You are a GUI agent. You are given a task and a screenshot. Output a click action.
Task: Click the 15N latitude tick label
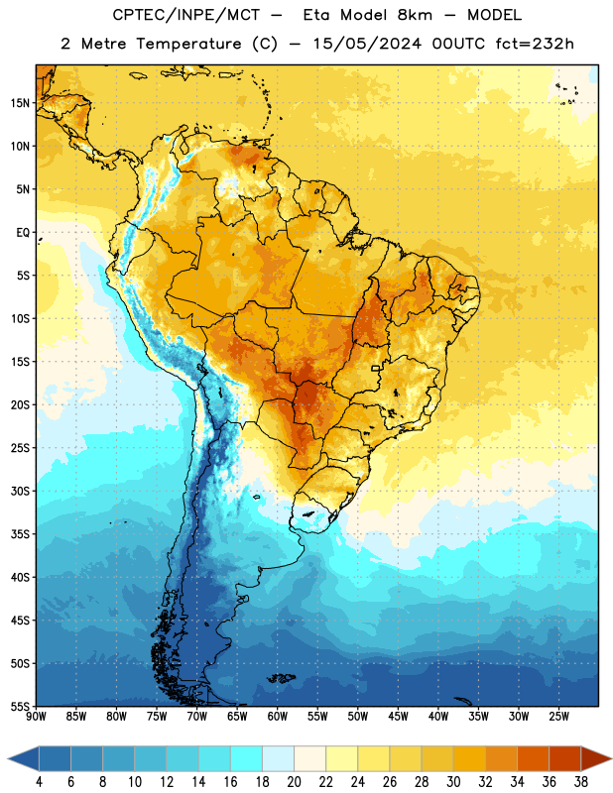tap(20, 103)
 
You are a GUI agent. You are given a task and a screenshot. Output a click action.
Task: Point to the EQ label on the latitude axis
tap(23, 233)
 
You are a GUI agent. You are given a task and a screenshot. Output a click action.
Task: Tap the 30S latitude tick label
tap(20, 491)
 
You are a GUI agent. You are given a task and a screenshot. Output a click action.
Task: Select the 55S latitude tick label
tap(20, 707)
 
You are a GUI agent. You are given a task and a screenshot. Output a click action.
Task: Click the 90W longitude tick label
tap(36, 717)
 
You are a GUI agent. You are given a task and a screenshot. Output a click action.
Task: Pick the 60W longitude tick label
tap(278, 717)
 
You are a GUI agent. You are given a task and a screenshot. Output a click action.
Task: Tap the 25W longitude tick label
tap(558, 717)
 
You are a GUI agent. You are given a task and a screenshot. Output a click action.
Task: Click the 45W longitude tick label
tap(398, 717)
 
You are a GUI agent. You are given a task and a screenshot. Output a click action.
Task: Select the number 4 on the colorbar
tap(39, 782)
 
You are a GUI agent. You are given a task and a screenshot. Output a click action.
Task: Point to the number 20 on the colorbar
tap(294, 782)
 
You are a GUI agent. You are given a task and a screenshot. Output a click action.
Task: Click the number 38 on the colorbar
tap(581, 782)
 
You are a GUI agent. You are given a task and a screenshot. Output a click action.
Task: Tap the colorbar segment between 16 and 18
tap(247, 759)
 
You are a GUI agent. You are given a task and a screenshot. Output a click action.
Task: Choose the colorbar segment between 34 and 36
tap(533, 759)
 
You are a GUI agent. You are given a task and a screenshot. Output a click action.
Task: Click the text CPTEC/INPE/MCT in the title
tap(185, 15)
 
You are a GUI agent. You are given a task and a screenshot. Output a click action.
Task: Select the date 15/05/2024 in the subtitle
tap(367, 44)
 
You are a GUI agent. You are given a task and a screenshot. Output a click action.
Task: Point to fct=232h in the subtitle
tap(535, 44)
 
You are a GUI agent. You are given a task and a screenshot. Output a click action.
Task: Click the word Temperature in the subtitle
tap(188, 44)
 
